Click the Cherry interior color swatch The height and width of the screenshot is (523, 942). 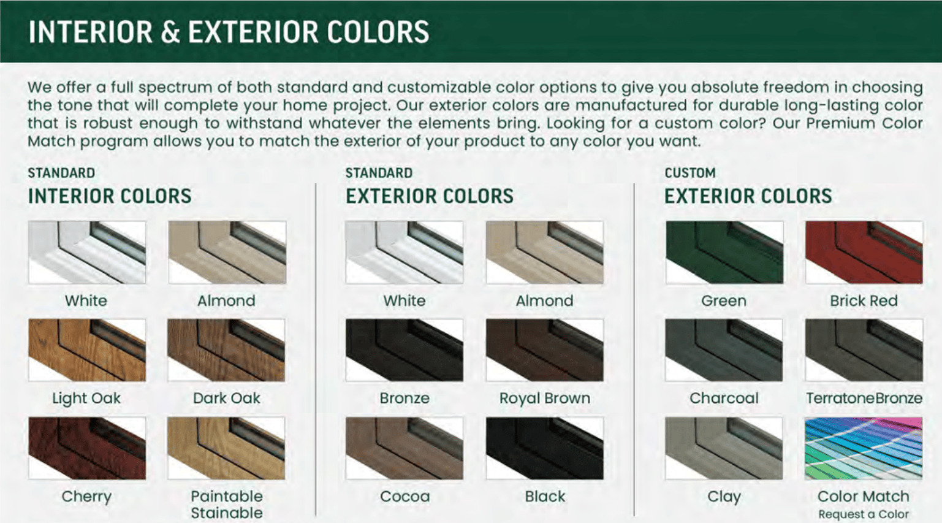[87, 448]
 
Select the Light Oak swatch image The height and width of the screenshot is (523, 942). [87, 350]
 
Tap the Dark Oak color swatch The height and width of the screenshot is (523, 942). [226, 350]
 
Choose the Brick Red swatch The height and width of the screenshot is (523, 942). [864, 252]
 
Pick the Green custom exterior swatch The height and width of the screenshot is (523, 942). [724, 252]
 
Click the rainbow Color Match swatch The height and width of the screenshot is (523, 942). [864, 448]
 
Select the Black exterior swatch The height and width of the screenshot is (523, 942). [545, 448]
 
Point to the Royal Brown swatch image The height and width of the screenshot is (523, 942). [545, 350]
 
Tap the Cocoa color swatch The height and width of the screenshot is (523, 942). [404, 448]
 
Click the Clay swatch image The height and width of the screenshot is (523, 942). [724, 448]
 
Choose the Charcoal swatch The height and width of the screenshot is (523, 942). [724, 350]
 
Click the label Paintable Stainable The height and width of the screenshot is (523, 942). [227, 505]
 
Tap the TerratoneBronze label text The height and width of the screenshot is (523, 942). [864, 398]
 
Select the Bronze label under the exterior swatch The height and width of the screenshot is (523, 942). [405, 398]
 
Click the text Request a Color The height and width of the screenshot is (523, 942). [864, 514]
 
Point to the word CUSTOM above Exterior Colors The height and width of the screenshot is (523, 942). [689, 173]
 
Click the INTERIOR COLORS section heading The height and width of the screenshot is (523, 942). [110, 196]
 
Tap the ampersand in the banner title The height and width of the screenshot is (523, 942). [170, 32]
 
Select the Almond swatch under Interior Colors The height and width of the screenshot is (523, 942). [227, 252]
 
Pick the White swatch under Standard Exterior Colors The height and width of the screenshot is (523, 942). [404, 252]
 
